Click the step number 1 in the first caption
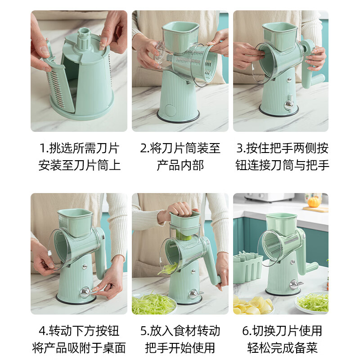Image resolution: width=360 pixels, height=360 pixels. [x=43, y=148]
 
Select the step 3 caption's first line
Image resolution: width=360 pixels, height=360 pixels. [x=282, y=148]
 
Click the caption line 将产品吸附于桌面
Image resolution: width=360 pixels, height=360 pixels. [x=79, y=347]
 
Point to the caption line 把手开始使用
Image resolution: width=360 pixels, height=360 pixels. [x=180, y=347]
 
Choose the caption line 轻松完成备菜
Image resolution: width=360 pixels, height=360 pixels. [x=282, y=347]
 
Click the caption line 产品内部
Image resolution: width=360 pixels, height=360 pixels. [x=180, y=165]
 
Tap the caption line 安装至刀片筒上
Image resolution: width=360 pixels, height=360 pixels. [x=79, y=165]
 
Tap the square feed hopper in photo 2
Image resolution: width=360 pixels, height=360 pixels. [x=180, y=36]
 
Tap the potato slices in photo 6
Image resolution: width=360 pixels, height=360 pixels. [x=252, y=306]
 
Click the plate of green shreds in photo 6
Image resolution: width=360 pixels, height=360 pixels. [x=313, y=302]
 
